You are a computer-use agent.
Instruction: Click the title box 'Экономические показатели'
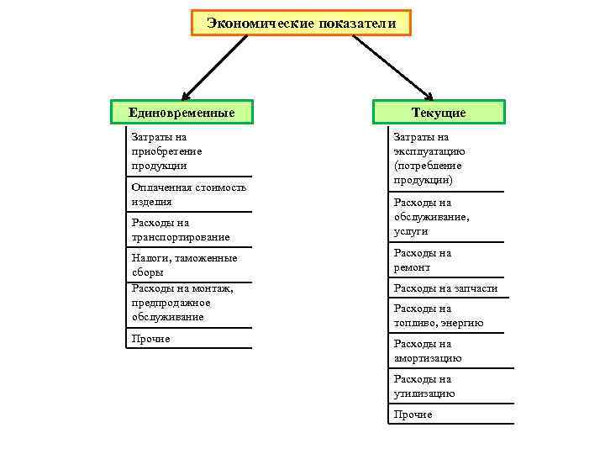[x=302, y=23]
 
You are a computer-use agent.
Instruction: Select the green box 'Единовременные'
[x=181, y=112]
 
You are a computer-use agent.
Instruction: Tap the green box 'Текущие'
[x=439, y=112]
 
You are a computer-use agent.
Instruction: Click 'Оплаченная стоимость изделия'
[x=189, y=194]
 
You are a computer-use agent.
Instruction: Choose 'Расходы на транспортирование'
[x=181, y=230]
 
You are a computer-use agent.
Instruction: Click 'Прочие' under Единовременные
[x=151, y=339]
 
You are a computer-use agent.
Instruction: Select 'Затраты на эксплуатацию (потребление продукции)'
[x=429, y=159]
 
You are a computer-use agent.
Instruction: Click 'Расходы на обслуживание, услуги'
[x=431, y=217]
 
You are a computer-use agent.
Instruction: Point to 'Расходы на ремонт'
[x=423, y=260]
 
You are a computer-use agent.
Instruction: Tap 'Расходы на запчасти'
[x=445, y=288]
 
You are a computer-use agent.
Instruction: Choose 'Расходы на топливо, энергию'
[x=438, y=315]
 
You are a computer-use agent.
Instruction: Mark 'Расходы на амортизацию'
[x=428, y=351]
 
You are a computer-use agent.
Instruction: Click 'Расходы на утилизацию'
[x=424, y=386]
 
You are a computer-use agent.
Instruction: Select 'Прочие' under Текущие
[x=413, y=414]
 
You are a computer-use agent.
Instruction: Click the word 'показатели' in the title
[x=356, y=23]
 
